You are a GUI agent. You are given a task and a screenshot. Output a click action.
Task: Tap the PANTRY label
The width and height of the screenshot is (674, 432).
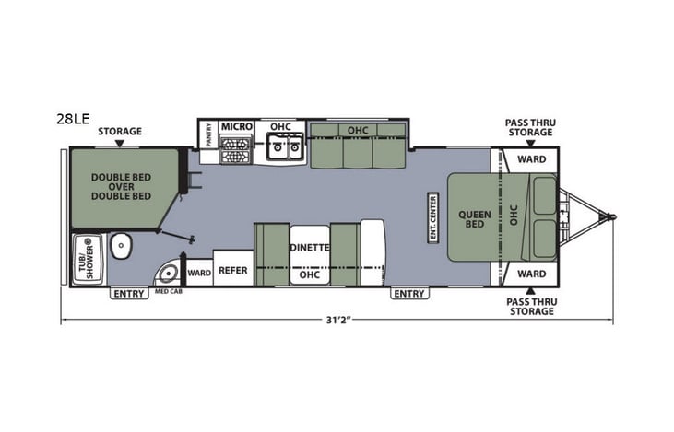(x=208, y=135)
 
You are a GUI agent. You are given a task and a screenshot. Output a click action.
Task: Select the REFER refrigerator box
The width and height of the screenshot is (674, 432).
(x=231, y=271)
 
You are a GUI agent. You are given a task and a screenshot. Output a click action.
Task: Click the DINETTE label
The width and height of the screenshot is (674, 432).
(x=310, y=247)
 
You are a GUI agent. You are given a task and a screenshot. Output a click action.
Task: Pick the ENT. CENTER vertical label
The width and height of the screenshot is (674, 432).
(x=431, y=216)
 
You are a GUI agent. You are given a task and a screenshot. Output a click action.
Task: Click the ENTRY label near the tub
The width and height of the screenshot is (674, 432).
(x=128, y=294)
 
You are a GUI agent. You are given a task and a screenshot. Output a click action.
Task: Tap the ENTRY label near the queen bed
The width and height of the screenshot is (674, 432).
(x=408, y=294)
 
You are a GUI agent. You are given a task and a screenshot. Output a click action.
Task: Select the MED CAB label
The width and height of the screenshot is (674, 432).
(x=168, y=292)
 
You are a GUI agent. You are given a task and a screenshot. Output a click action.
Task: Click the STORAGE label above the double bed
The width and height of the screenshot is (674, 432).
(x=120, y=131)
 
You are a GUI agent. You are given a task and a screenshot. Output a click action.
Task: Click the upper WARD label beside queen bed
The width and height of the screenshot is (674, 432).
(x=530, y=159)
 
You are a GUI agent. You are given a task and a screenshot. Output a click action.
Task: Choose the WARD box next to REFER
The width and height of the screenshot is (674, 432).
(x=199, y=273)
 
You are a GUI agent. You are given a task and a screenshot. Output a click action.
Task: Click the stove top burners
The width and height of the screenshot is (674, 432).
(x=236, y=148)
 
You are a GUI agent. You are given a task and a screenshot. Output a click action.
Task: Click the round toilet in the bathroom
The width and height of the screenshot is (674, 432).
(x=121, y=245)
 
